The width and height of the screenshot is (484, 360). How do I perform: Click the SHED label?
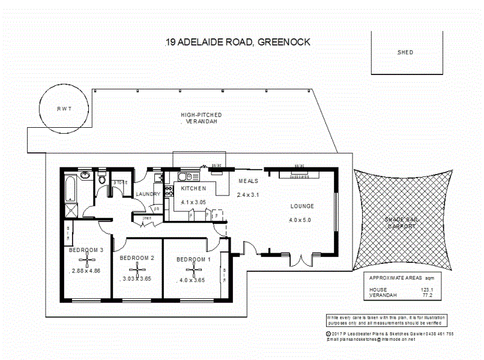coord(405,52)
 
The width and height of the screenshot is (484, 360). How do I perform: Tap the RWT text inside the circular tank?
coord(64,109)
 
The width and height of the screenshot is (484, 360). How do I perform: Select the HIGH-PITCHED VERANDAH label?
coord(201,118)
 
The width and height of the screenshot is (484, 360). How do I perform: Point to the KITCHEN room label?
coord(193,188)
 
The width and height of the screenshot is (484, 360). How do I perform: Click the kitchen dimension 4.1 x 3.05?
coord(194,202)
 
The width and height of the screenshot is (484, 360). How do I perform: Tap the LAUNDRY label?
coord(148,194)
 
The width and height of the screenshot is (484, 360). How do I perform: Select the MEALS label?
coord(248,181)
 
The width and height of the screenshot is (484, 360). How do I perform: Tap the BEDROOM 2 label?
coord(138,258)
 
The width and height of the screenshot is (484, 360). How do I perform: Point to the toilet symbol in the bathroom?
coord(102,179)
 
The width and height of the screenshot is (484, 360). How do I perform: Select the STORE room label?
coord(121,182)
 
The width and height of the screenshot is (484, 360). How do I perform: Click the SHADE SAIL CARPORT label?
coord(401,223)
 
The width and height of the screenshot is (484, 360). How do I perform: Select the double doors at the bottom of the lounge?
coord(303,260)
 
